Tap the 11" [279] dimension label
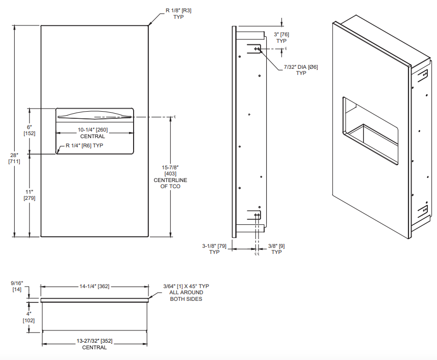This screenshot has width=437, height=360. pos(29,194)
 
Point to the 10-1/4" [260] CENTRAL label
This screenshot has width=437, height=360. pos(92,133)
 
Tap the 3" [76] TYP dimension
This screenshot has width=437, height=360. pos(281,37)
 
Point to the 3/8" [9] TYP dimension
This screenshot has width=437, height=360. pos(276,249)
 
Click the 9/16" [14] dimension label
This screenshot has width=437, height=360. pos(17,286)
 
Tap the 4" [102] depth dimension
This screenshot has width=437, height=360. pos(29,317)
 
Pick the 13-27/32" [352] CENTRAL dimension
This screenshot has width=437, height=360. pos(94,344)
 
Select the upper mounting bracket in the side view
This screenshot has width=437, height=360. pos(255,49)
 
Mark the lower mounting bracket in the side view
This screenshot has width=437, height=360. pos(255,216)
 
